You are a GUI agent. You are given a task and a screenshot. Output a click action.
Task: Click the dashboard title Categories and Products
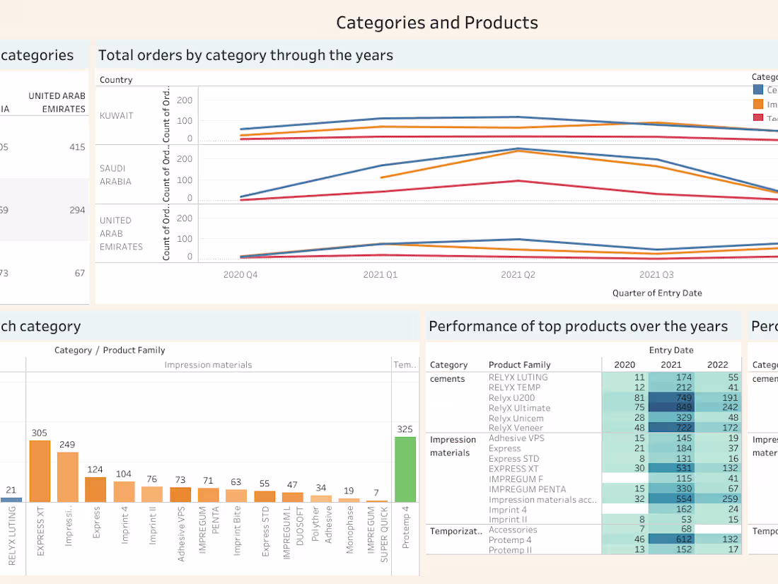coord(436,23)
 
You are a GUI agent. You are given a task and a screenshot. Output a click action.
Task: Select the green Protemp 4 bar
coord(405,469)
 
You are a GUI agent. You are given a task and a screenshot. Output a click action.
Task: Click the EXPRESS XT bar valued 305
coord(40,471)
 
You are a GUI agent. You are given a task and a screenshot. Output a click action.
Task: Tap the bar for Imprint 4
coord(124,491)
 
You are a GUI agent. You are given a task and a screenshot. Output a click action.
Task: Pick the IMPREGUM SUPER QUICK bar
coord(377,501)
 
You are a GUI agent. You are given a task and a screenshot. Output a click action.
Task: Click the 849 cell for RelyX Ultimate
coord(671,408)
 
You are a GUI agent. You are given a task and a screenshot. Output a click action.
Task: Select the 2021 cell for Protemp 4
coord(671,540)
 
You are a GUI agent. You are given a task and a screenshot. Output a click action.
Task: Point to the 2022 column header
coord(717,365)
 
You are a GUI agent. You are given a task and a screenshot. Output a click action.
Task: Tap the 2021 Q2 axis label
coord(518,275)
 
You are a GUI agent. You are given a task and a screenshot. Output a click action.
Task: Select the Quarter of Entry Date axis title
coord(657,293)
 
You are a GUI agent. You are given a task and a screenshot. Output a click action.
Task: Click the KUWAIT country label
coord(116,116)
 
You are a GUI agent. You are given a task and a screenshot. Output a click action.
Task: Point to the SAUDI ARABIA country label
coord(115,175)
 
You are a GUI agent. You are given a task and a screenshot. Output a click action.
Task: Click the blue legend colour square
coord(758,90)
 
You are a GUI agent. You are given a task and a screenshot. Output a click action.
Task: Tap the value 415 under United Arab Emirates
coord(77,147)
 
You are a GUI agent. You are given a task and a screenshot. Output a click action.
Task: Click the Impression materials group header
coord(208,365)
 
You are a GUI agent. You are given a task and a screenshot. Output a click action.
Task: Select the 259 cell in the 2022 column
coord(717,499)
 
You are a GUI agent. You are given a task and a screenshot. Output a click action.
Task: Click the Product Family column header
coord(519,365)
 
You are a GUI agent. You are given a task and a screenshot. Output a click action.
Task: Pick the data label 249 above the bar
coord(67,445)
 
